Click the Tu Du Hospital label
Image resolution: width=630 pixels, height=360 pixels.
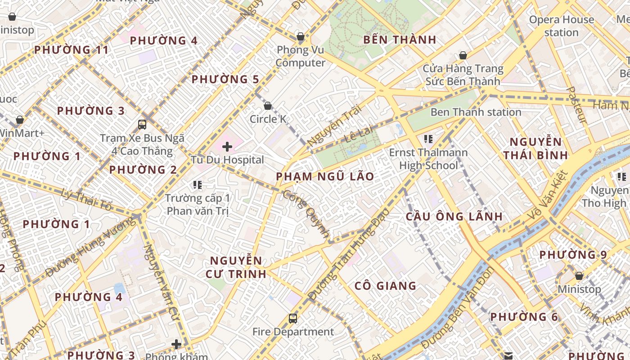[x=227, y=160]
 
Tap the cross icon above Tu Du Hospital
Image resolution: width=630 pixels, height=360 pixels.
[x=227, y=146]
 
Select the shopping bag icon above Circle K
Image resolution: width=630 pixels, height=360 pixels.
[x=268, y=106]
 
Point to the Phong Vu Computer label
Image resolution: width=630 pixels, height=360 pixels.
[x=301, y=56]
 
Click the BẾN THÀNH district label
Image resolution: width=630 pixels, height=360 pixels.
[x=400, y=40]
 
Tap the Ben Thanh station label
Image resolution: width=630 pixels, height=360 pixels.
[x=476, y=112]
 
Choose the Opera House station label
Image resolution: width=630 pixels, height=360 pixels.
[x=561, y=26]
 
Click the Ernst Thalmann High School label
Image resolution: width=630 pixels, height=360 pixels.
[x=428, y=159]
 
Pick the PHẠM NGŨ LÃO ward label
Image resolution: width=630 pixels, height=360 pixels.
[x=325, y=176]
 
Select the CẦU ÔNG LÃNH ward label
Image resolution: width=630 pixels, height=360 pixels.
[x=454, y=216]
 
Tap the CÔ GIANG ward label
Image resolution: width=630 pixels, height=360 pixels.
[x=385, y=286]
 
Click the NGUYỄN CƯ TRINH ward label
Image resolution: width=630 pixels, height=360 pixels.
[x=236, y=267]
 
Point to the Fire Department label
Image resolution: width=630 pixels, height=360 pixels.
[x=293, y=332]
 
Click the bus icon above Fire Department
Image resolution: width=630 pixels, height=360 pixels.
[x=293, y=319]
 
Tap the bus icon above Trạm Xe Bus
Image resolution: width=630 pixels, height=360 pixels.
[x=142, y=124]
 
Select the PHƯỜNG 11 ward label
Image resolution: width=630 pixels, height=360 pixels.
[x=72, y=49]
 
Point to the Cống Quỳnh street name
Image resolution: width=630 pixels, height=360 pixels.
[x=306, y=213]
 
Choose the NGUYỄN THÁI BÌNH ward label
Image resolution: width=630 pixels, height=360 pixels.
[x=535, y=149]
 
